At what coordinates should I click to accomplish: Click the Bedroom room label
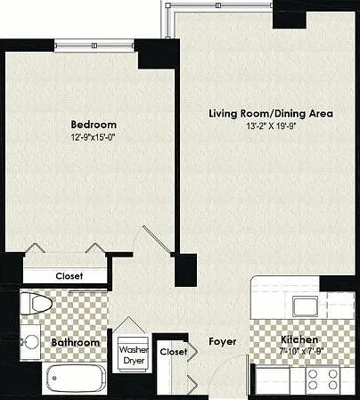click(x=94, y=125)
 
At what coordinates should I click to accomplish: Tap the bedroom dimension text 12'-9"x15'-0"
click(x=93, y=137)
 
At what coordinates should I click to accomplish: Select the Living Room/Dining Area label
click(x=271, y=114)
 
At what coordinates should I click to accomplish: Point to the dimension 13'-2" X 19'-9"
click(x=272, y=127)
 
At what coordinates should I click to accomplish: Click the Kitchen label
click(x=299, y=339)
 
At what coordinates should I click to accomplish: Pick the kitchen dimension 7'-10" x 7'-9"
click(x=301, y=350)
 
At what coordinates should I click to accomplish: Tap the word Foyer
click(x=223, y=342)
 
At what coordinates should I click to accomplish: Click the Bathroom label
click(x=76, y=342)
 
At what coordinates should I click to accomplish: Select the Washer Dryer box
click(x=134, y=355)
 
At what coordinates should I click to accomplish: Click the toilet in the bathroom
click(x=37, y=304)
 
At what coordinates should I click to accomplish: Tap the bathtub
click(x=76, y=378)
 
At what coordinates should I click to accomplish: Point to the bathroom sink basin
click(x=32, y=342)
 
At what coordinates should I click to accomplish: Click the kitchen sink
click(x=306, y=306)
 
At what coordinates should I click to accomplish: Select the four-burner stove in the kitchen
click(x=323, y=380)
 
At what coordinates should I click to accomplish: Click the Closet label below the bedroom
click(x=70, y=276)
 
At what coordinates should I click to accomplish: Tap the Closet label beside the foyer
click(x=174, y=352)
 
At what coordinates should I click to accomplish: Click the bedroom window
click(x=94, y=45)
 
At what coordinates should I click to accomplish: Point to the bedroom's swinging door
click(x=157, y=240)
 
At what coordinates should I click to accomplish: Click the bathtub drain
click(x=54, y=378)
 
